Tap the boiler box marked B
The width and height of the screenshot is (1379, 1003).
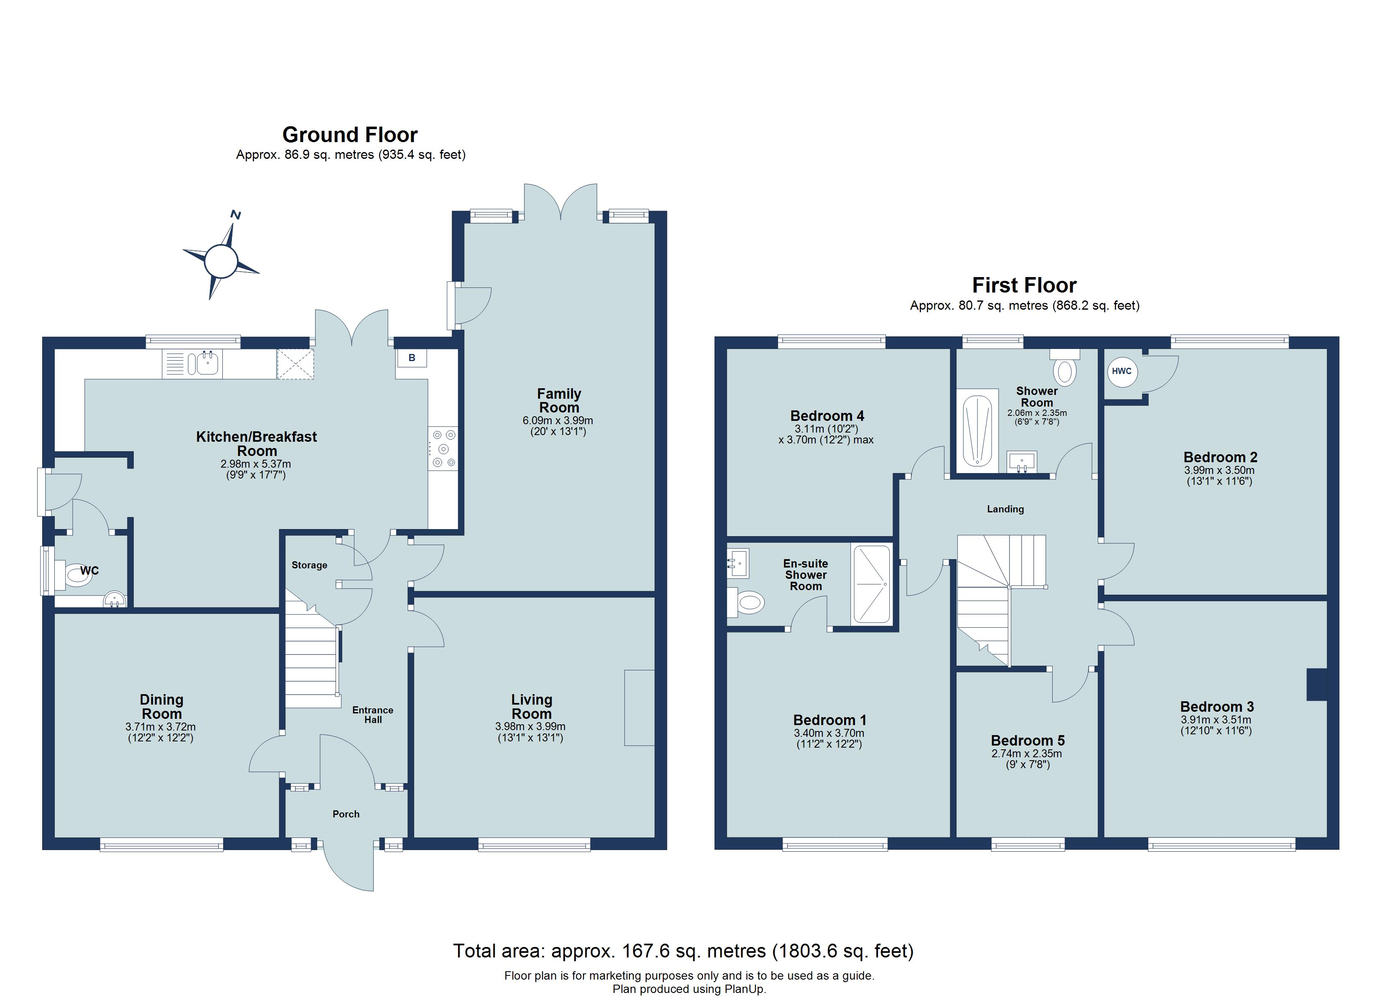[412, 358]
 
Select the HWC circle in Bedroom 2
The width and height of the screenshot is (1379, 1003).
[1122, 371]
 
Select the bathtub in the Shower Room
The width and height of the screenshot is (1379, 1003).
[978, 430]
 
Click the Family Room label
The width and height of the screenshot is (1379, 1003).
[559, 400]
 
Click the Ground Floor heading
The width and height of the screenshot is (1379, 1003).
[350, 135]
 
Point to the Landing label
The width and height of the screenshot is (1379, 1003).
[1005, 509]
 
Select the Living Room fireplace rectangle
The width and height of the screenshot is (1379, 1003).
[639, 708]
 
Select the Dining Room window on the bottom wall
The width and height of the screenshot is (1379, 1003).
[162, 844]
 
